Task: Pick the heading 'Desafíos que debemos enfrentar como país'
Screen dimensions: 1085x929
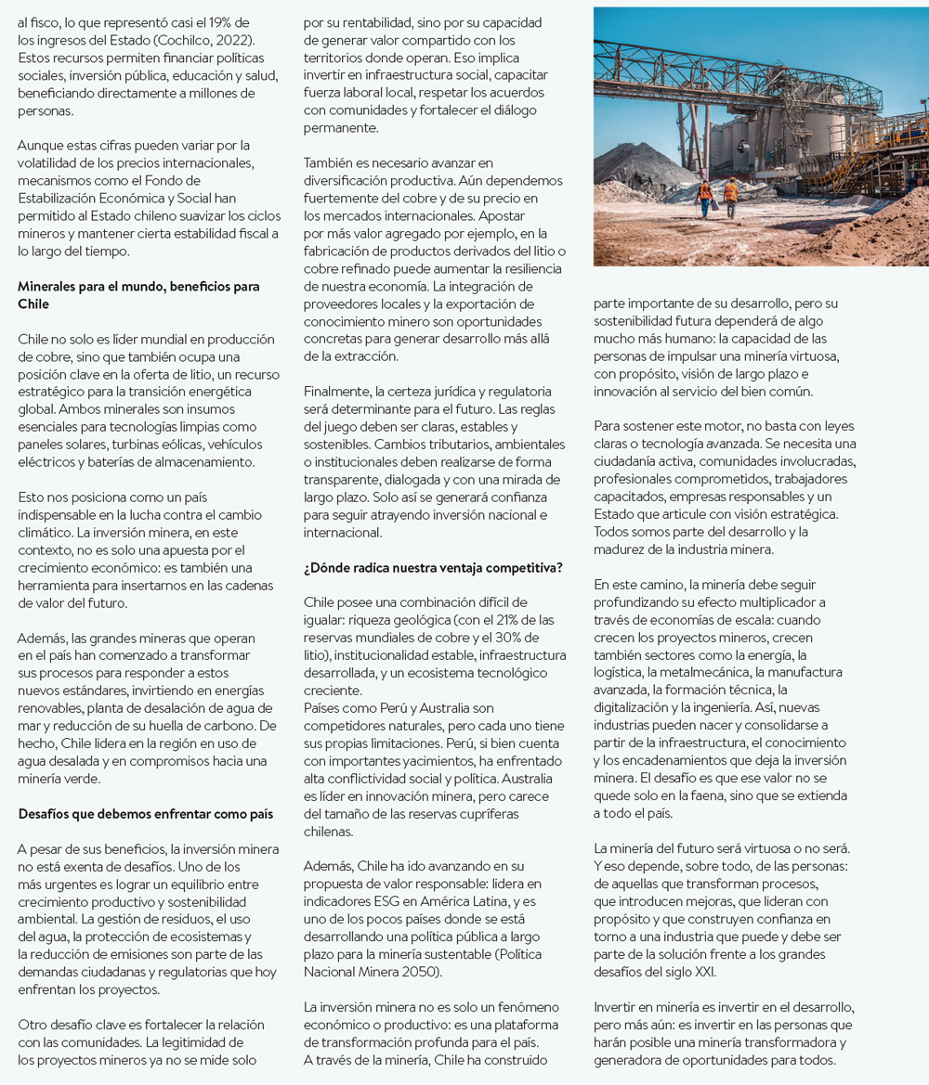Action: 145,814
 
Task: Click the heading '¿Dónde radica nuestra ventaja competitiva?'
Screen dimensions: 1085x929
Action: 432,567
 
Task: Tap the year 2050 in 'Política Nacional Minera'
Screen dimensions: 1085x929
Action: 423,972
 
